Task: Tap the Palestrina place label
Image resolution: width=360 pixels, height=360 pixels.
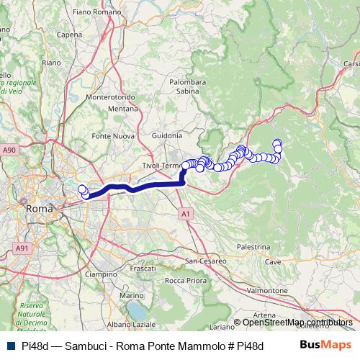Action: coord(252,246)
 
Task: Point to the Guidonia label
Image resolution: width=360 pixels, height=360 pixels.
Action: coord(167,135)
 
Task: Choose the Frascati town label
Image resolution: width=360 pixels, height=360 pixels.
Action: coord(142,268)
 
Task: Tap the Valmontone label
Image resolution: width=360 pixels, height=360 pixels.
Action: coord(266,289)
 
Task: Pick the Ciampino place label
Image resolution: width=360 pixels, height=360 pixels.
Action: coord(101,274)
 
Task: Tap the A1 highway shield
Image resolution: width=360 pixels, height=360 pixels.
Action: coord(185,214)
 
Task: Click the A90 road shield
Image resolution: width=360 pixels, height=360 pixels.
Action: coord(9,150)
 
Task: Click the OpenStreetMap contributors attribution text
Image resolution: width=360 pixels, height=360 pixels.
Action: coord(297,322)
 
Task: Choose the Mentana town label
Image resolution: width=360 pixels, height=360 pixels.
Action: coord(123,109)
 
